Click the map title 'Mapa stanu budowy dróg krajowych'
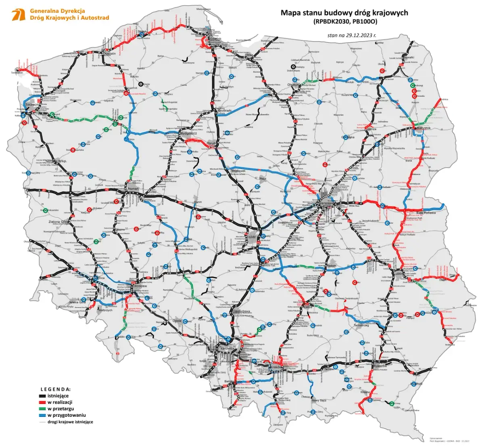coord(344,13)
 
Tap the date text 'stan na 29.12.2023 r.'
coord(352,35)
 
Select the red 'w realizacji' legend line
coord(41,402)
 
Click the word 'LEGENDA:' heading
coord(56,390)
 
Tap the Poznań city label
coord(133,189)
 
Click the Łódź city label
coord(252,237)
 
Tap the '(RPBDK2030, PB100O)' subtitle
coord(344,22)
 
